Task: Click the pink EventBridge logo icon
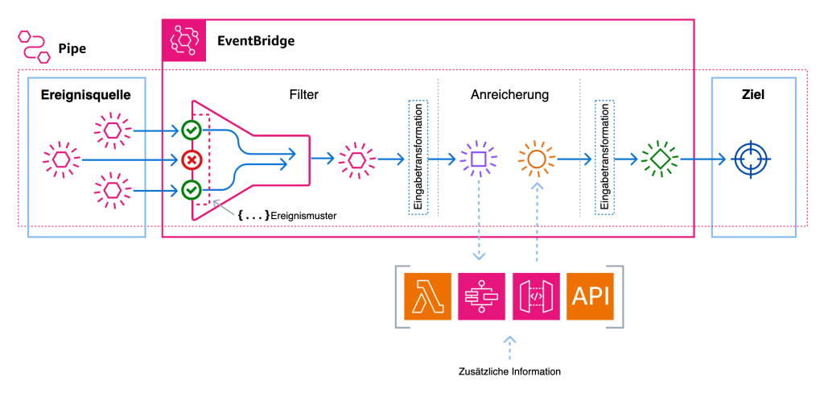coord(186,39)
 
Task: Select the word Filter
coord(303,95)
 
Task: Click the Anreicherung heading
coord(509,95)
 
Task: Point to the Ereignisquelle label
coord(86,96)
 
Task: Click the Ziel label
coord(753,95)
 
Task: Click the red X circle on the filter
coord(192,159)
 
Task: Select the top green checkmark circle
coord(192,129)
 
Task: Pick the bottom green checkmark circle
coord(192,190)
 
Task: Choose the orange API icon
coord(591,296)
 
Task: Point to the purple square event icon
coord(478,159)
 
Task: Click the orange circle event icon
coord(537,159)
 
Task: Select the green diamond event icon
coord(660,159)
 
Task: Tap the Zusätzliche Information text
coord(509,371)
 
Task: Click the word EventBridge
coord(256,39)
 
